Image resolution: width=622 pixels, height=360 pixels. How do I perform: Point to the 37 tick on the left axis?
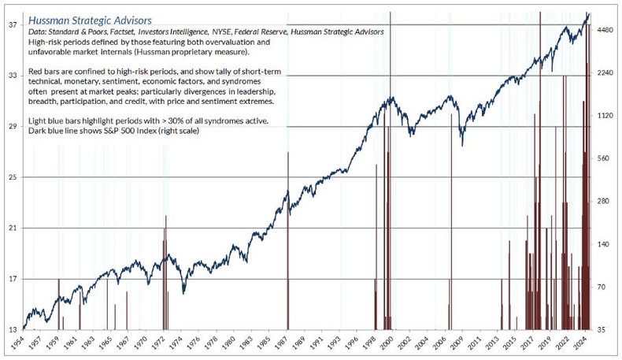13,25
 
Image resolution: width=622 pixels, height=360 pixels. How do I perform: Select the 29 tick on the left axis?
13,127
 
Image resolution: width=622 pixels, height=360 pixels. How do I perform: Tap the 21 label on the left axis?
13,228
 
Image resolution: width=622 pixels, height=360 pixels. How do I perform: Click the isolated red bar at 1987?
289,236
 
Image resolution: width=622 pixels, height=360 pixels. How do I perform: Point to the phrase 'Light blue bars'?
55,121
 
